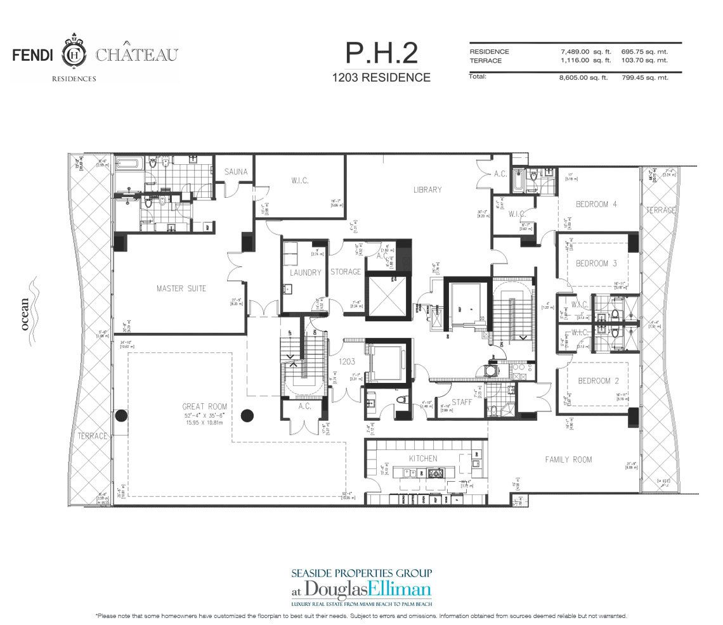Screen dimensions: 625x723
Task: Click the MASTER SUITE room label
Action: click(x=181, y=289)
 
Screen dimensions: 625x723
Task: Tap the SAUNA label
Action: click(x=236, y=172)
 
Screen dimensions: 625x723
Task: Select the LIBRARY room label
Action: click(x=427, y=190)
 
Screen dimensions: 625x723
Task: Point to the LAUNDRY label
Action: click(x=306, y=272)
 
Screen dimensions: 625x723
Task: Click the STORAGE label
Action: click(x=345, y=272)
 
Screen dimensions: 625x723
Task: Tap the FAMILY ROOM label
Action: click(x=568, y=460)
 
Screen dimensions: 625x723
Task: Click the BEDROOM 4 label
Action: click(x=596, y=204)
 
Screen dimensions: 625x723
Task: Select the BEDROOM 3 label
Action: click(x=596, y=263)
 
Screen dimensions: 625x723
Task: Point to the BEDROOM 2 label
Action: click(x=598, y=382)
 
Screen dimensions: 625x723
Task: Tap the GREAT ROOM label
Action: click(x=204, y=407)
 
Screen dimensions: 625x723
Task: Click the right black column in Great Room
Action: click(x=248, y=416)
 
